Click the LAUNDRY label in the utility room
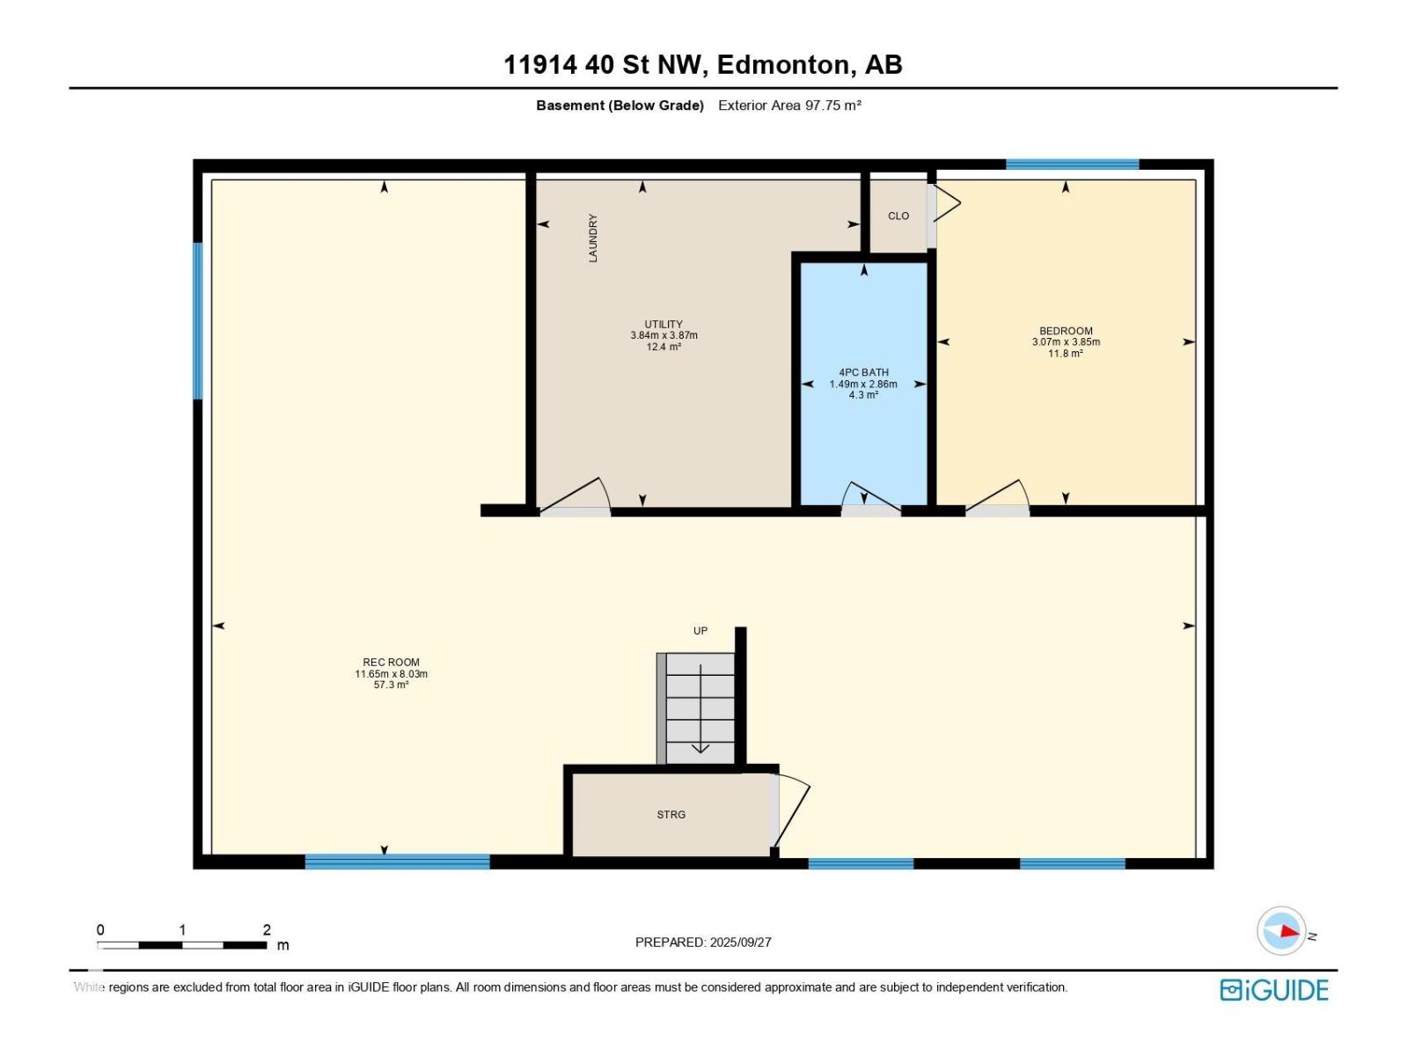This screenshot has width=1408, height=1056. (x=593, y=238)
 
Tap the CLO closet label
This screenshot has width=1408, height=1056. (x=898, y=216)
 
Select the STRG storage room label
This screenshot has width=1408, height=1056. (x=671, y=815)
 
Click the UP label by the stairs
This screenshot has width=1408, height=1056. (x=700, y=631)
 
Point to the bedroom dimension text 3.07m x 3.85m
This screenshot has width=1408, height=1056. (x=1066, y=341)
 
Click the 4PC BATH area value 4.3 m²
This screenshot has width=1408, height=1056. (x=863, y=395)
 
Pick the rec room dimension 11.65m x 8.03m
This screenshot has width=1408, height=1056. (x=392, y=674)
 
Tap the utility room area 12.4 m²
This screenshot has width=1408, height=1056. (x=664, y=347)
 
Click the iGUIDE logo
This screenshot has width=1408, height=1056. (x=1274, y=991)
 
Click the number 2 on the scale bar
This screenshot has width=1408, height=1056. (x=267, y=929)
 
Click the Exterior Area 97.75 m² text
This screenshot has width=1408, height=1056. (x=789, y=106)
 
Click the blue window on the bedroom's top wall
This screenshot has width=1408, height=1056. (x=1072, y=165)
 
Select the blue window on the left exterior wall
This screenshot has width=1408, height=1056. (x=198, y=321)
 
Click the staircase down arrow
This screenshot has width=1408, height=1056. (x=700, y=709)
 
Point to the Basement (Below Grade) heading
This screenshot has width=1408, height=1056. (x=620, y=106)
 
